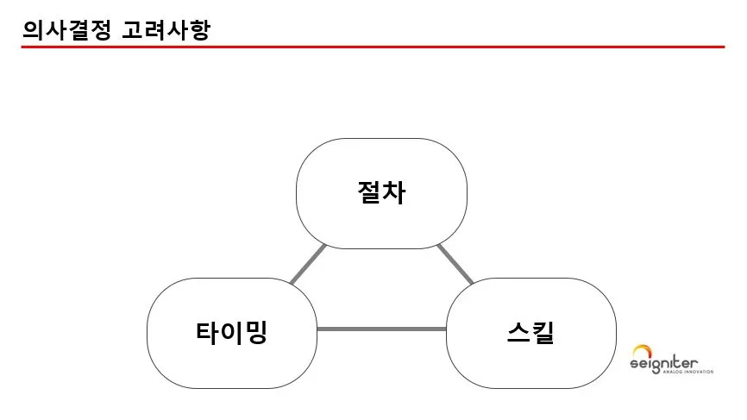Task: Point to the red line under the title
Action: coord(373,47)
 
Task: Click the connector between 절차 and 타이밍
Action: coord(308,264)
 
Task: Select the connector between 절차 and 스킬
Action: coord(455,264)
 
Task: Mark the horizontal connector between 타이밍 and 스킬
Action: coord(381,329)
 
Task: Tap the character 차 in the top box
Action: coord(394,192)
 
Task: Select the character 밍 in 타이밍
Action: coord(256,332)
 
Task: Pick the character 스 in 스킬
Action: coord(518,332)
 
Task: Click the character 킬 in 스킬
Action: coord(543,332)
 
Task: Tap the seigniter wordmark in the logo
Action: coord(665,366)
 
